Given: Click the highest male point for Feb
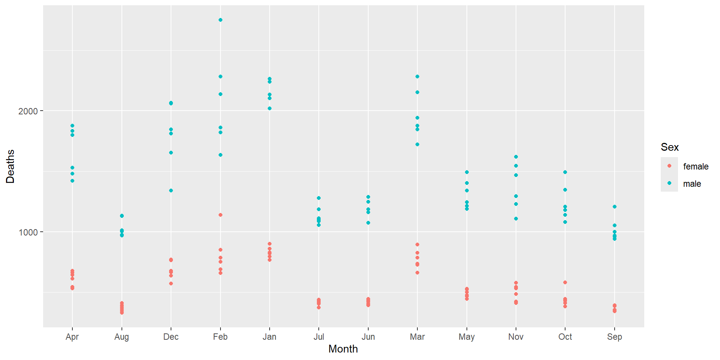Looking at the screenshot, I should tap(220, 20).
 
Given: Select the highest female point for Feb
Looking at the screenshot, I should tap(220, 215).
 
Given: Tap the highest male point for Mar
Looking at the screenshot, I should tap(417, 76).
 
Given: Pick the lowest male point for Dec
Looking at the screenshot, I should tap(171, 190).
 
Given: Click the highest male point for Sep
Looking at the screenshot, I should tap(615, 207).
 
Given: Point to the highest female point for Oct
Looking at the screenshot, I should tap(565, 282).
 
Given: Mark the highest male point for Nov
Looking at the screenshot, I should tap(516, 157).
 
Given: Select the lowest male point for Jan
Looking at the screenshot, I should tap(270, 108).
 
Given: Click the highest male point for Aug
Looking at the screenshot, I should tap(122, 216).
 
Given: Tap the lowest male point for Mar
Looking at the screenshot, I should tap(417, 144).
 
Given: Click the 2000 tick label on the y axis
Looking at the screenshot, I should tap(28, 111).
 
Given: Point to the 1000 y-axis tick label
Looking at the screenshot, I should tap(28, 232).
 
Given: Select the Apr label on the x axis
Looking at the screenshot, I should tap(72, 337).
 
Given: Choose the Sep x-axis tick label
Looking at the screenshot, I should tap(615, 337).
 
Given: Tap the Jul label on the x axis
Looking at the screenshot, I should tap(319, 337).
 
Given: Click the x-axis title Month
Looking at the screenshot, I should tap(343, 349).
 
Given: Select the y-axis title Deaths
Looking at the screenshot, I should tap(10, 166).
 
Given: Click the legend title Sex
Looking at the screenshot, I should tap(670, 147).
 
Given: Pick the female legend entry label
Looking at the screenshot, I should tap(696, 166).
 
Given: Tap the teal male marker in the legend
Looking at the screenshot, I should tap(669, 183).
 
